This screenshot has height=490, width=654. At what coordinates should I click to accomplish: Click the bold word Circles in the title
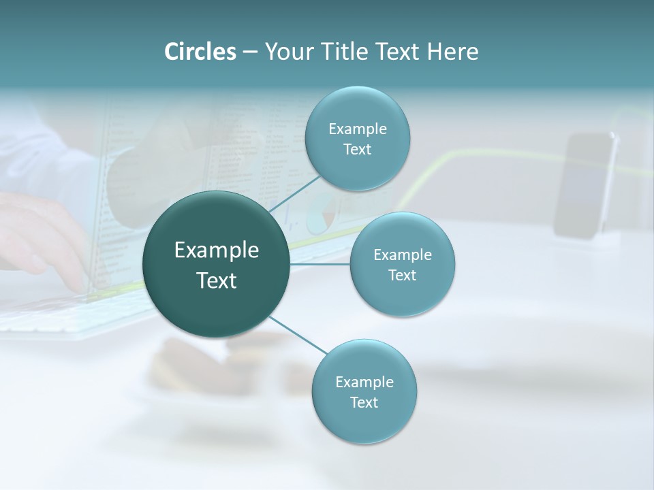click(x=200, y=52)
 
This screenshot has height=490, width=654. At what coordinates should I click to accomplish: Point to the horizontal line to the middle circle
click(x=320, y=264)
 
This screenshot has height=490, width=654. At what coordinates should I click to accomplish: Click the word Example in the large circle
click(x=216, y=250)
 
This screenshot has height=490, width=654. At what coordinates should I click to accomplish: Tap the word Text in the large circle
click(x=216, y=280)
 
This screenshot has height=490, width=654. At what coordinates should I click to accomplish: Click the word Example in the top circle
click(x=357, y=129)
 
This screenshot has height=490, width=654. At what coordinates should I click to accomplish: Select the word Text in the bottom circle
click(x=364, y=402)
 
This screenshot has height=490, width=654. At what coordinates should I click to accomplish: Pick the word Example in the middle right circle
click(x=402, y=255)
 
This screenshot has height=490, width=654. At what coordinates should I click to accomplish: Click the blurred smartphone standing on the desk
click(x=585, y=185)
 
